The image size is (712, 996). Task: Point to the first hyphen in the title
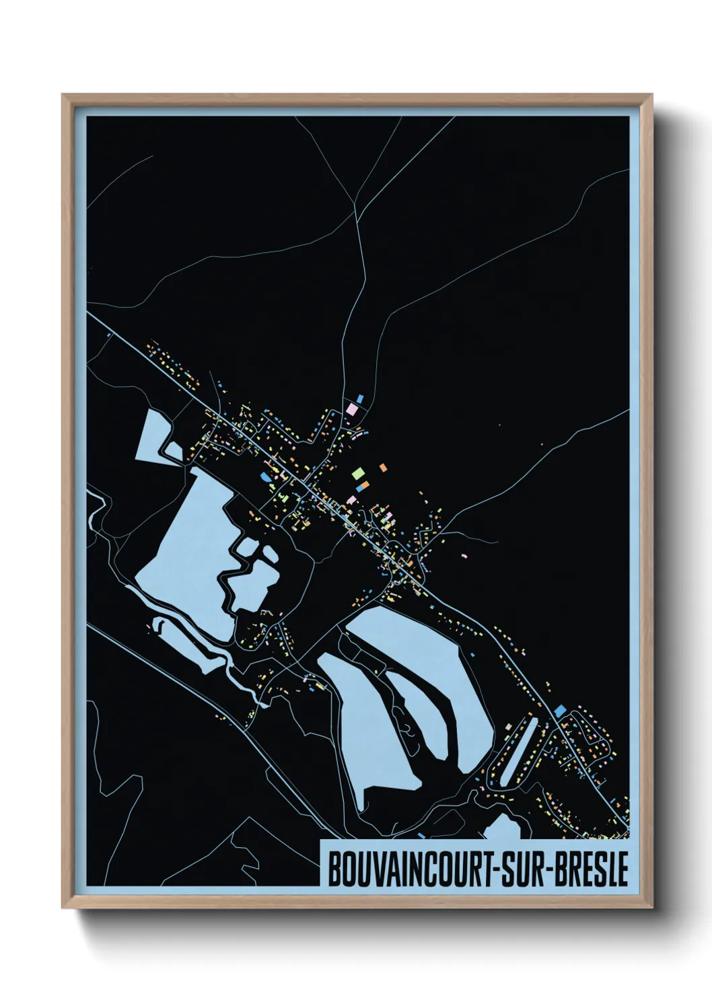click(x=495, y=870)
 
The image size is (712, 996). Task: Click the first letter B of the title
click(x=333, y=869)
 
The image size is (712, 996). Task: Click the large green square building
click(x=357, y=473)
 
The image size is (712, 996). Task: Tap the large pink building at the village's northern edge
click(x=351, y=408)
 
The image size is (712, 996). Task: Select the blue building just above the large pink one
click(x=360, y=398)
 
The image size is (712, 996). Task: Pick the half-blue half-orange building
click(x=363, y=485)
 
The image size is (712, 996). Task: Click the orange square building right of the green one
click(x=382, y=466)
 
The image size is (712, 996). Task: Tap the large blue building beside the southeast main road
click(x=560, y=711)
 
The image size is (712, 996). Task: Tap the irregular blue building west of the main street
click(x=266, y=476)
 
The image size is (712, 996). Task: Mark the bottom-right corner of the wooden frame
click(x=651, y=906)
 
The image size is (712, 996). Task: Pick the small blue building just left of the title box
click(x=421, y=835)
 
